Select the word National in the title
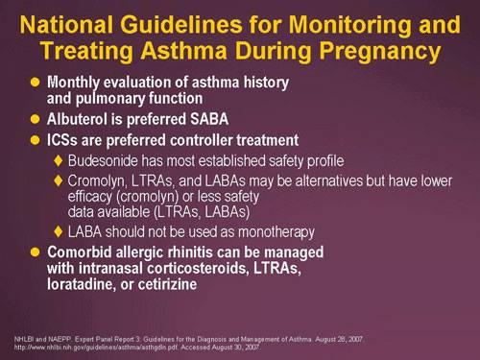coord(66,24)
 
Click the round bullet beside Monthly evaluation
coord(35,82)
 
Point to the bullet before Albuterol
coord(35,119)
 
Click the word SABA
coord(209,119)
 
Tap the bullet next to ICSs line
coord(35,140)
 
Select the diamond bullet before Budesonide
coord(58,160)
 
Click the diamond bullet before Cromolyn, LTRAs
coord(58,180)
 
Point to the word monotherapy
coord(276,232)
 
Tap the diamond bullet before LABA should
coord(58,231)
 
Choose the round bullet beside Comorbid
coord(35,252)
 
